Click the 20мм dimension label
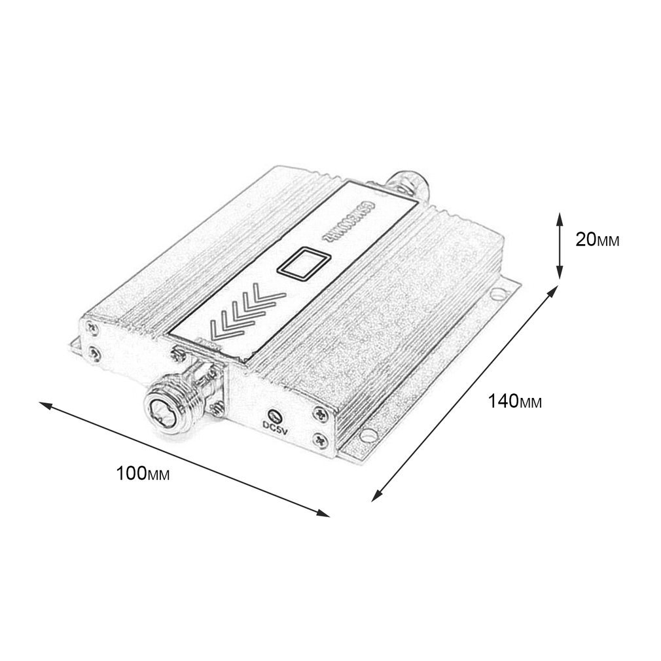[x=596, y=240]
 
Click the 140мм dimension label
[x=514, y=401]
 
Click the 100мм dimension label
[x=143, y=473]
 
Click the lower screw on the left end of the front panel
[x=96, y=353]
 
